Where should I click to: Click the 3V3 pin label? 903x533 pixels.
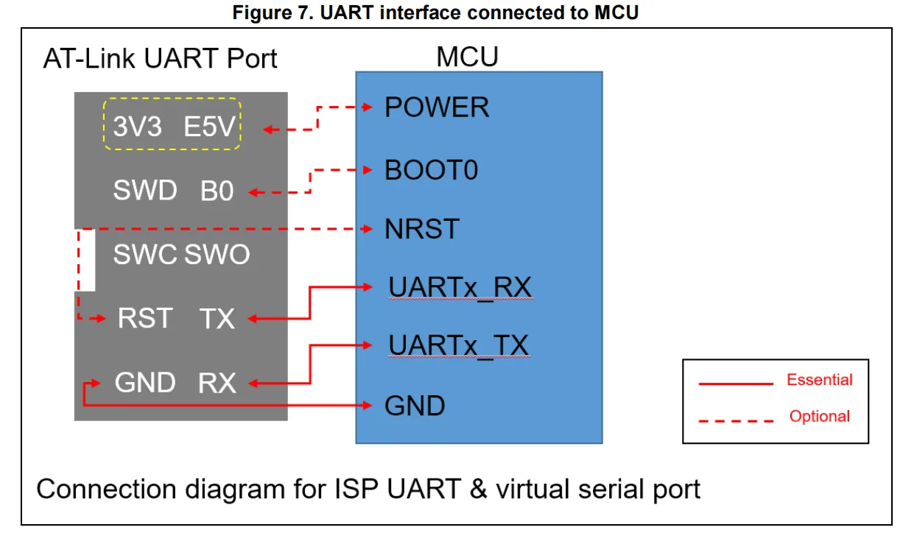click(138, 127)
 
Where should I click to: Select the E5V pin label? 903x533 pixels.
click(210, 127)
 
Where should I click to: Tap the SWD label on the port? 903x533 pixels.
click(145, 191)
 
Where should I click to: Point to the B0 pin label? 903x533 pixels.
click(217, 191)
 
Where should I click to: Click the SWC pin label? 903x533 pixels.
click(145, 255)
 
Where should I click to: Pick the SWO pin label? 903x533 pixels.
click(217, 255)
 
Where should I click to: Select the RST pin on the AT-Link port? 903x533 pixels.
click(145, 319)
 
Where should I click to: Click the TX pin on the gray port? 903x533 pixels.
click(217, 319)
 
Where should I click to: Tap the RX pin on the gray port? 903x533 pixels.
click(217, 383)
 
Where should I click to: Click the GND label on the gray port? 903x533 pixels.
click(145, 383)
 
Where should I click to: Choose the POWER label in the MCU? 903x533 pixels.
click(437, 107)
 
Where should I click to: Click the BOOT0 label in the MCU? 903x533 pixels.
click(432, 171)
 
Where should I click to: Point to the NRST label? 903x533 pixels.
click(422, 229)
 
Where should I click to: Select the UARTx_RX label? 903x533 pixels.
click(460, 286)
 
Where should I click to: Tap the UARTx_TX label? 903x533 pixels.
click(458, 345)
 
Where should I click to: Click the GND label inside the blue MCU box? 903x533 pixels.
click(415, 405)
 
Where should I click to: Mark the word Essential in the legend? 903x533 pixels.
click(819, 380)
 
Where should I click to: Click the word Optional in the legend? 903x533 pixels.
click(819, 416)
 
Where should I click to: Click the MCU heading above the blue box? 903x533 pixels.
click(467, 57)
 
